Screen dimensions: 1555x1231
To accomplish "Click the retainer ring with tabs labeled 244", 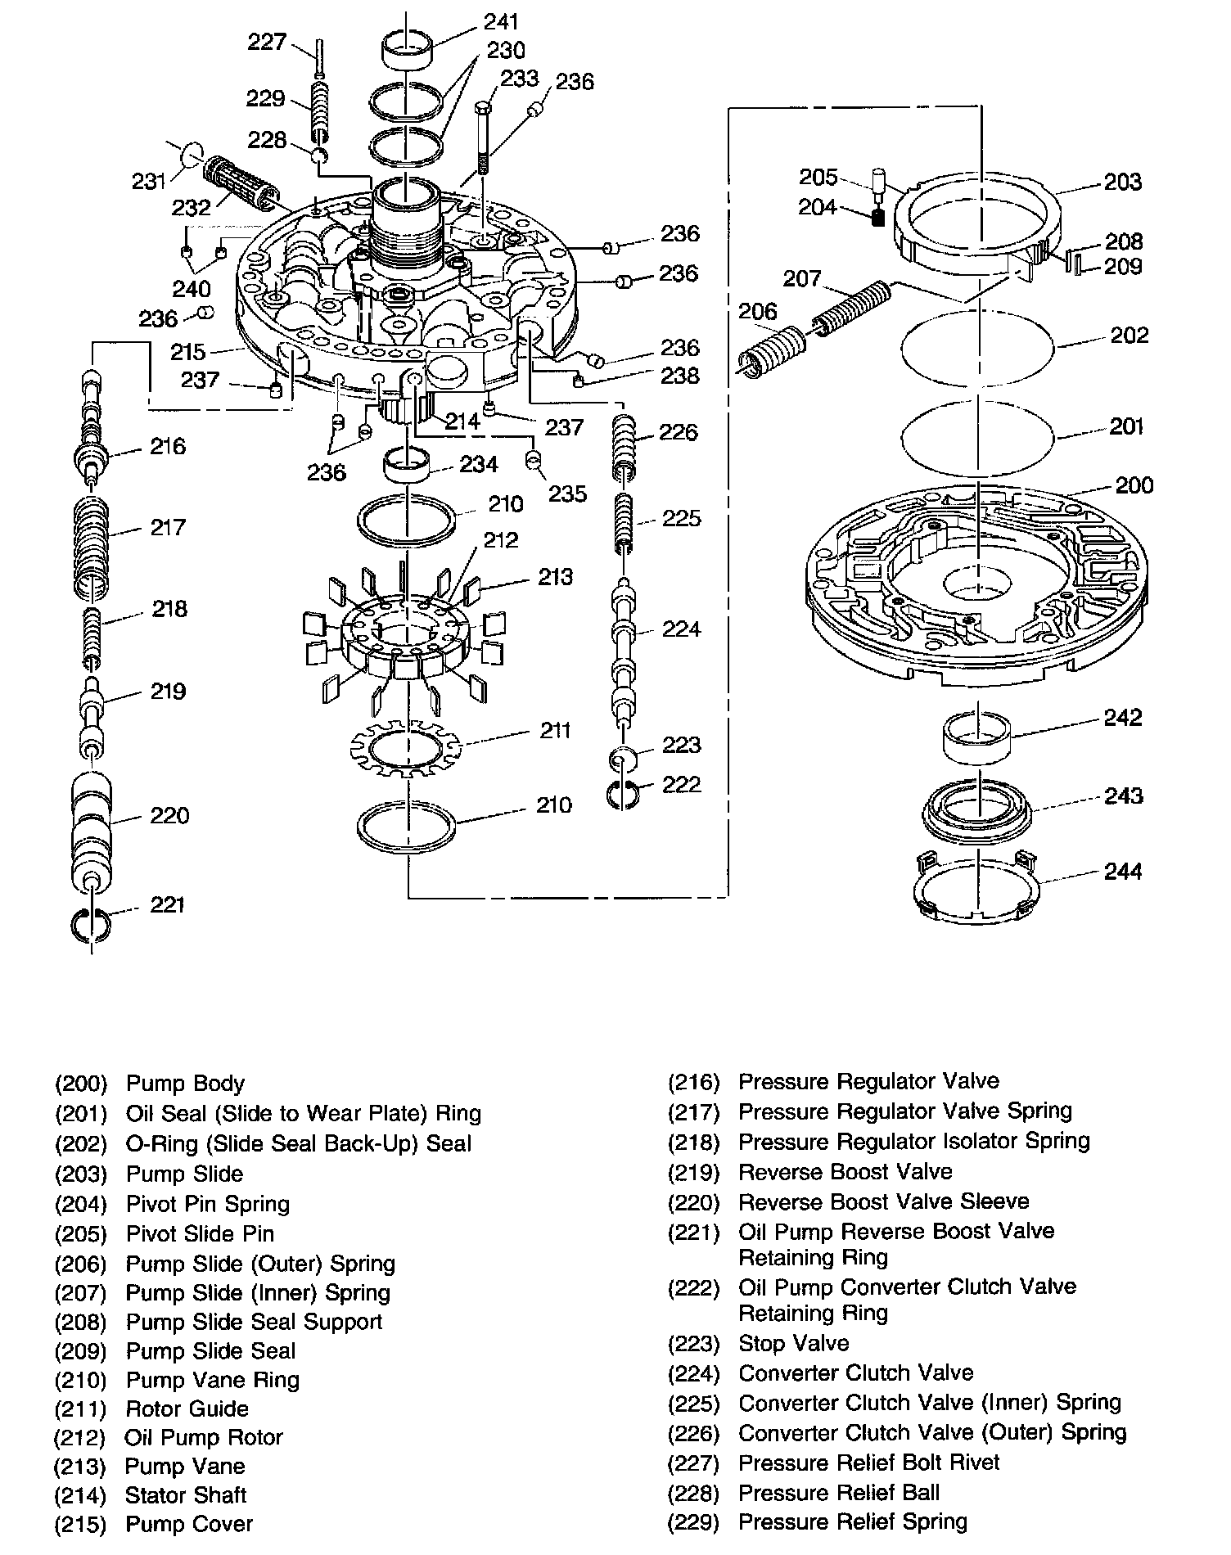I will tap(976, 888).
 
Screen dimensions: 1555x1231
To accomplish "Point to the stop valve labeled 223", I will tap(624, 759).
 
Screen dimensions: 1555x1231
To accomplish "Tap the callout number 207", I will tap(801, 279).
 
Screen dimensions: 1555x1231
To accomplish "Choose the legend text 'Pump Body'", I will tap(185, 1084).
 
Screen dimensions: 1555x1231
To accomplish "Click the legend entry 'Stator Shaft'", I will tap(185, 1495).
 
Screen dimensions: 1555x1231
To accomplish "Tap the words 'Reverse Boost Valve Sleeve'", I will tap(883, 1201).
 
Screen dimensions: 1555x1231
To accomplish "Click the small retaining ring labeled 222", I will tap(624, 793).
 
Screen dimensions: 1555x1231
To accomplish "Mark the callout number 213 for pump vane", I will tap(555, 577).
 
